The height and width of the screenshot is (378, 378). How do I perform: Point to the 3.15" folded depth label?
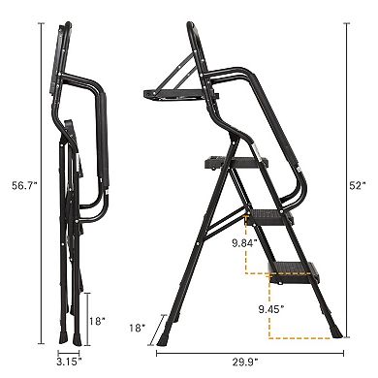65,363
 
